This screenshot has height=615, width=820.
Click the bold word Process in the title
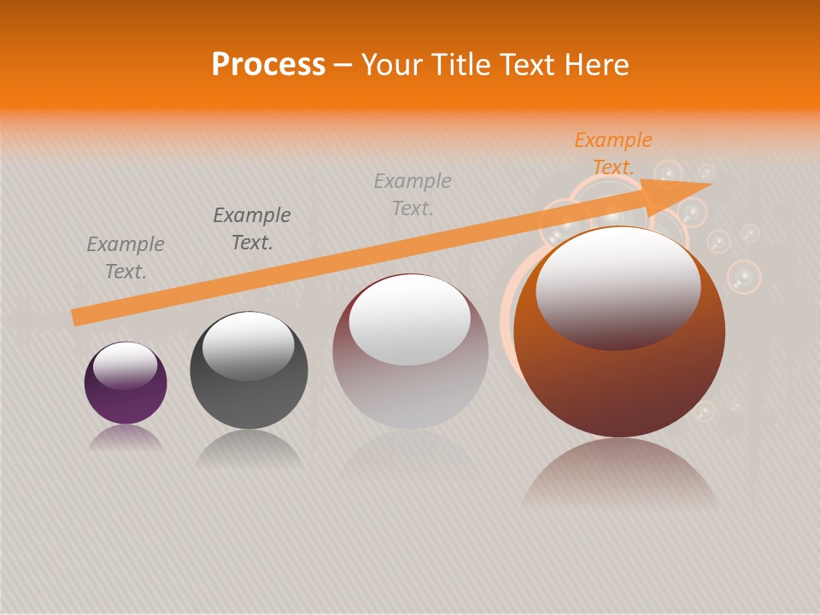tap(268, 65)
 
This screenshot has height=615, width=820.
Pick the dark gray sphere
tap(249, 393)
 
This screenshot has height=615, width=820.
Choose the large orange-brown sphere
tap(619, 384)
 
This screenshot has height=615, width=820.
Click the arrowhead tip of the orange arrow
tap(709, 184)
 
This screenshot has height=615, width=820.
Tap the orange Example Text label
tap(612, 154)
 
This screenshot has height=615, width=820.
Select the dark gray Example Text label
tap(252, 229)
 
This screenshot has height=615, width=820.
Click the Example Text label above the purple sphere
tap(126, 258)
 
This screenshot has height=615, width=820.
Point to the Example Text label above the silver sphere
tap(413, 195)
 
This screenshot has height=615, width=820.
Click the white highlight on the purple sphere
tap(125, 364)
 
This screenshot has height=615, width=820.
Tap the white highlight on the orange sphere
tap(618, 287)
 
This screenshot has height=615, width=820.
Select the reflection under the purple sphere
tap(126, 438)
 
